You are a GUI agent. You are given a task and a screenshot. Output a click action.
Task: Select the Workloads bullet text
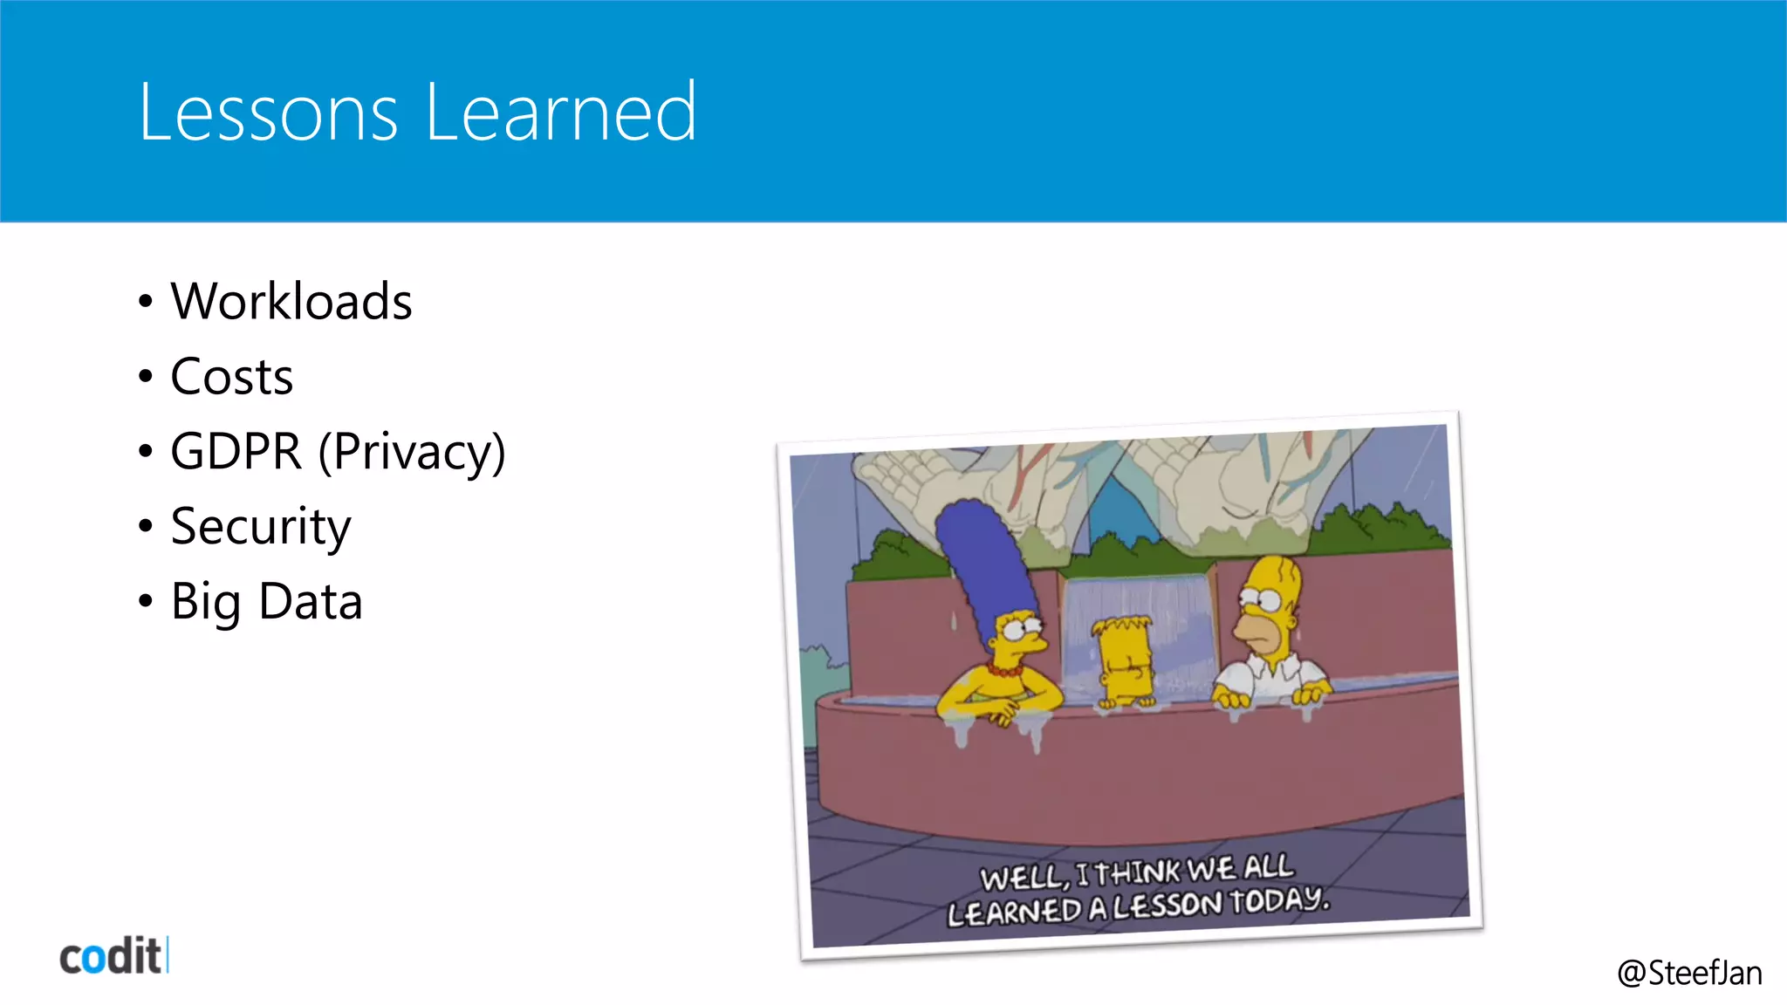point(291,302)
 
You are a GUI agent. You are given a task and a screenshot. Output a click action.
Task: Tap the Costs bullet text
point(231,377)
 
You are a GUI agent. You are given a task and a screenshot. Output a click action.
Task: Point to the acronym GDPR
point(236,452)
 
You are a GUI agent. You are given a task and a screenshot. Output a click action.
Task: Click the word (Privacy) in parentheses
point(412,452)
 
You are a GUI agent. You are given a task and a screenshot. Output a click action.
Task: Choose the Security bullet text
point(261,527)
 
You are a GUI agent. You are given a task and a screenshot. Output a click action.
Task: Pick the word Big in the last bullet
point(206,602)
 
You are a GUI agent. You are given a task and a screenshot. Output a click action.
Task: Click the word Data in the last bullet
point(311,602)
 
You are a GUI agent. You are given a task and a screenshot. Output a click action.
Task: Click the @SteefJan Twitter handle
point(1689,973)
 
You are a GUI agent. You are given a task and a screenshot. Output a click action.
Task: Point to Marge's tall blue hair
point(982,558)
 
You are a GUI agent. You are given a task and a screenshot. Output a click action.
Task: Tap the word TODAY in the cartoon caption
point(1279,899)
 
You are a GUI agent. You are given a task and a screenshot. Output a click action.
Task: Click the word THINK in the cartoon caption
point(1138,872)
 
